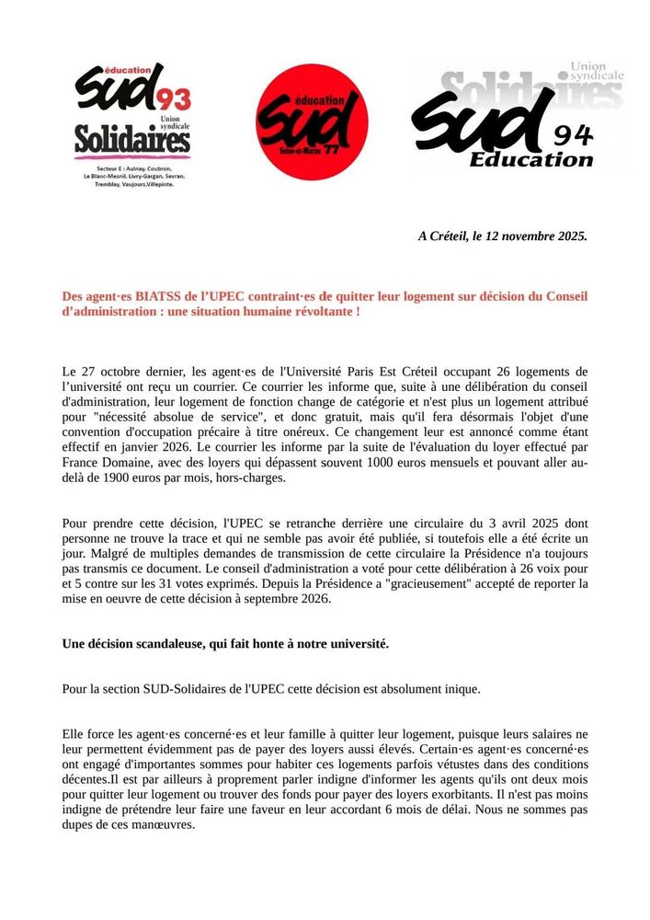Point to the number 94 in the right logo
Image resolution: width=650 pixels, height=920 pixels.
[x=574, y=134]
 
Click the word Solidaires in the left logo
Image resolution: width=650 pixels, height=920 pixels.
[x=132, y=141]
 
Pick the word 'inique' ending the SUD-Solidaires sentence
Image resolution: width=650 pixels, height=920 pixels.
[x=461, y=689]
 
